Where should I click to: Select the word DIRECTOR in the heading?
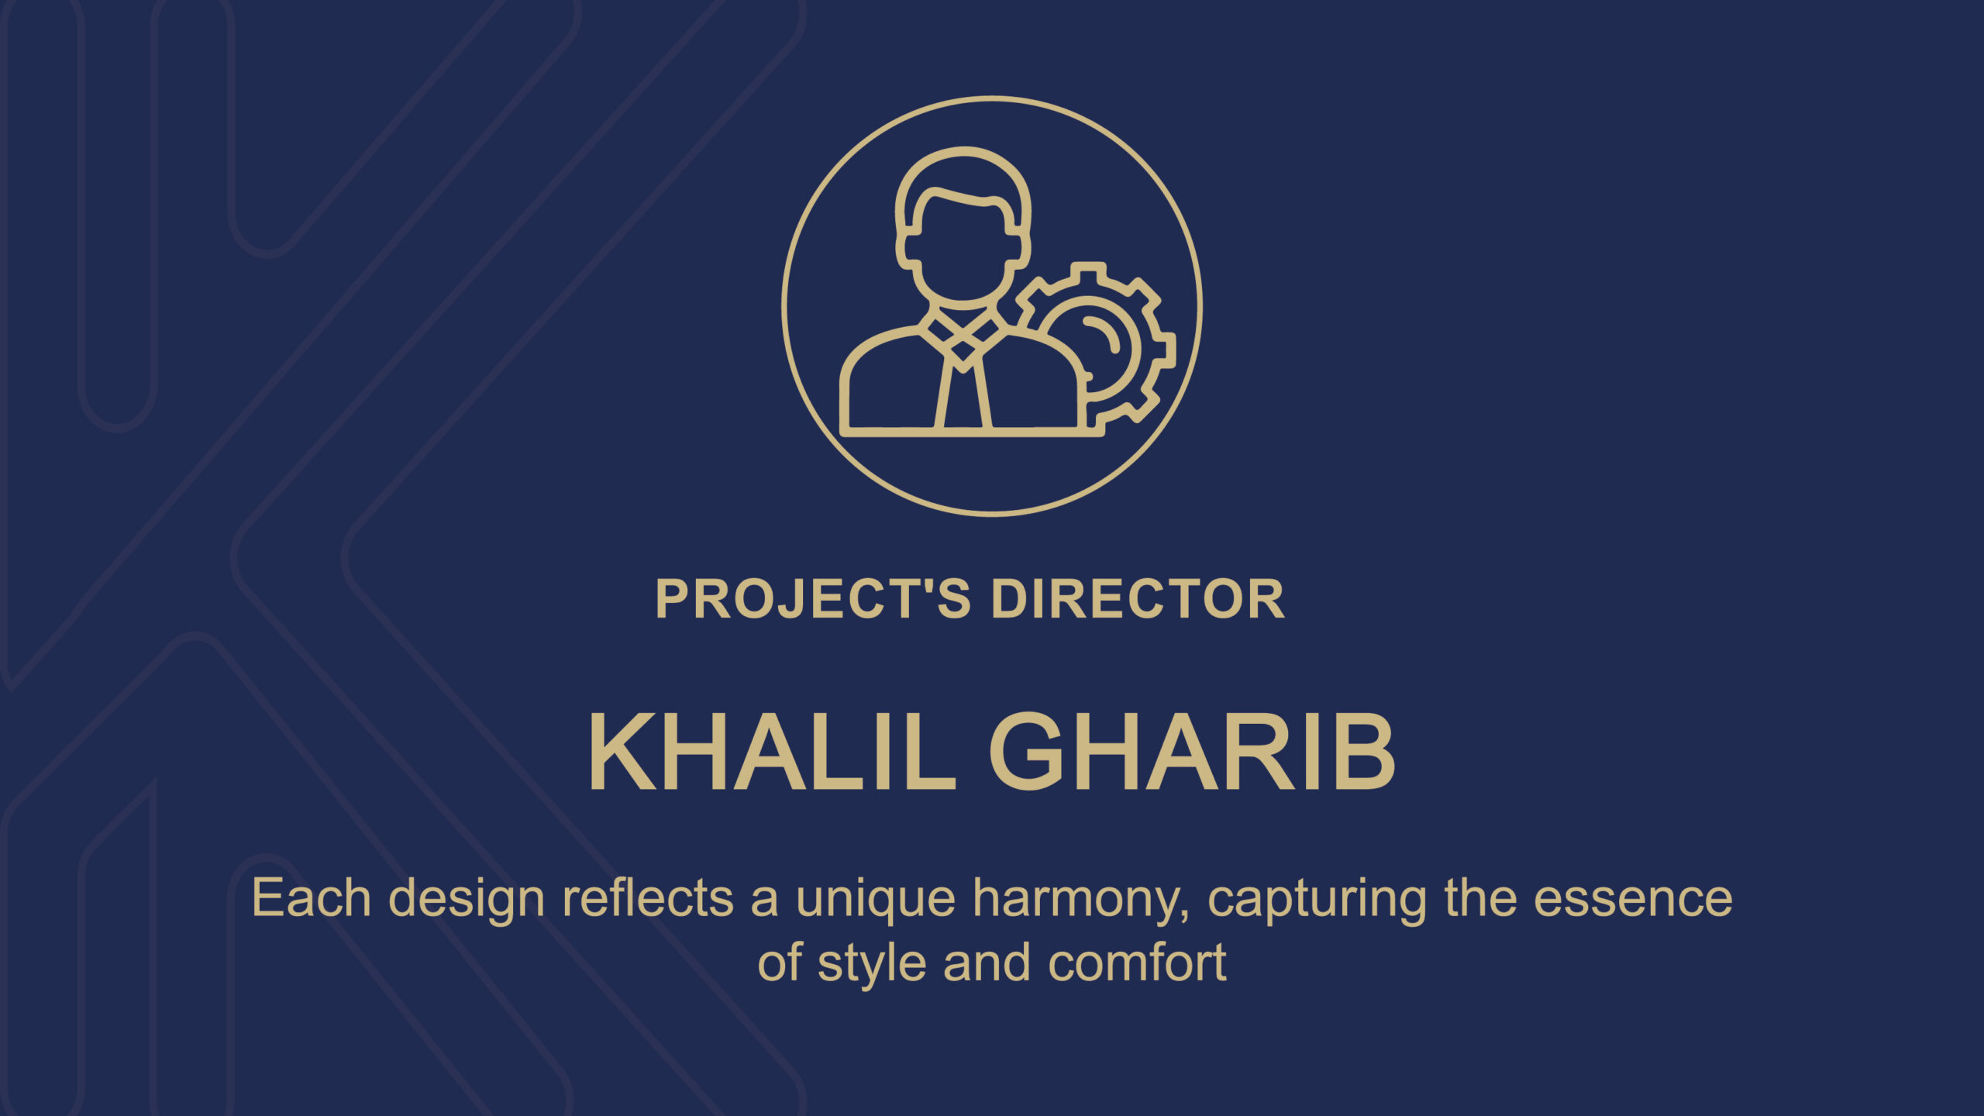pyautogui.click(x=1138, y=598)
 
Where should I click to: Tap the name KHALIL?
pyautogui.click(x=772, y=752)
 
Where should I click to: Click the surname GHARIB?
pyautogui.click(x=1191, y=752)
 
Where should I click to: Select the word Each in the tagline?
pyautogui.click(x=312, y=898)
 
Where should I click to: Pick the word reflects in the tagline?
pyautogui.click(x=648, y=898)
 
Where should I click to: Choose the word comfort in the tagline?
pyautogui.click(x=1137, y=963)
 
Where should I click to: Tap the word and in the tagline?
pyautogui.click(x=987, y=963)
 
